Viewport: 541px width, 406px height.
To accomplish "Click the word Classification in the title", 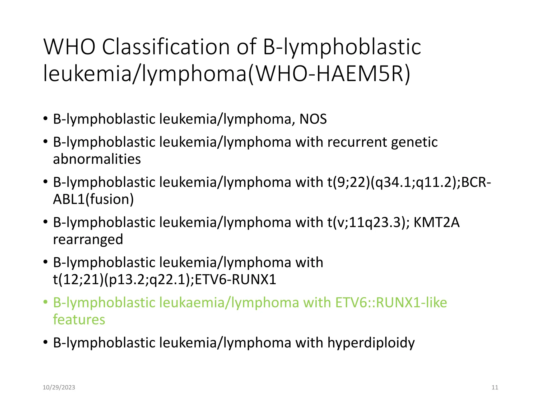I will pyautogui.click(x=166, y=47).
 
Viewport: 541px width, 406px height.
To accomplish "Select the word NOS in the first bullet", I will pyautogui.click(x=313, y=119).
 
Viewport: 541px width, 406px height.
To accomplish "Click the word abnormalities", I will pyautogui.click(x=97, y=159).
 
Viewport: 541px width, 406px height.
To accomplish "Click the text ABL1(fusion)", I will pyautogui.click(x=93, y=199).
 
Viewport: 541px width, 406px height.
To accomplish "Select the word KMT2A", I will pyautogui.click(x=436, y=223).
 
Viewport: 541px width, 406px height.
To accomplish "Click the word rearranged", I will pyautogui.click(x=88, y=239).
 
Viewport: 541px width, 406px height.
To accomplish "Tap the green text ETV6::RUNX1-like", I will pyautogui.click(x=391, y=303).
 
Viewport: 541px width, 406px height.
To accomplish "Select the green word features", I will pyautogui.click(x=79, y=320).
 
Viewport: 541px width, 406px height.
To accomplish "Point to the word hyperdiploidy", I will pyautogui.click(x=371, y=343).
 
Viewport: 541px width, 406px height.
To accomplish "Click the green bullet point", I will pyautogui.click(x=46, y=302).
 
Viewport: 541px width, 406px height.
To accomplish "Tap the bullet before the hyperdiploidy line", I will pyautogui.click(x=46, y=342).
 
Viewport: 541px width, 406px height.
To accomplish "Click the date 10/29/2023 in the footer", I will pyautogui.click(x=59, y=387).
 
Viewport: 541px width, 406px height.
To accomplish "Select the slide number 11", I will pyautogui.click(x=495, y=387).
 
